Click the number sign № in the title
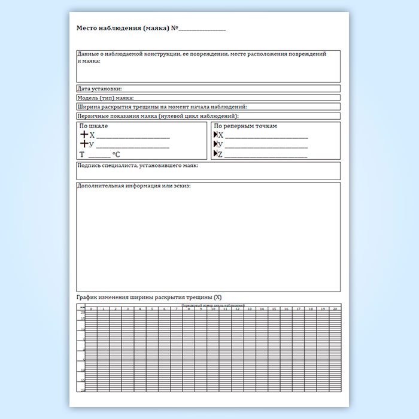coord(175,28)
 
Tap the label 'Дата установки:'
coord(99,89)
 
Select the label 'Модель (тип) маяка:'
coord(105,98)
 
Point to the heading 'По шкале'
coord(94,126)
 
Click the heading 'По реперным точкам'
coord(245,126)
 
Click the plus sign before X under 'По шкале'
coord(84,135)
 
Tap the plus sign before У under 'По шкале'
coord(84,144)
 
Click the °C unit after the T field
coord(116,154)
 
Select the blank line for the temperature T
coord(99,156)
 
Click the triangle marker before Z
coord(215,154)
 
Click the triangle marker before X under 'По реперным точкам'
coord(215,135)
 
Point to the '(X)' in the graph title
coord(217,297)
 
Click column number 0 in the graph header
coord(91,309)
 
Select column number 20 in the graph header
coord(335,309)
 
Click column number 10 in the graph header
coord(212,309)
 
